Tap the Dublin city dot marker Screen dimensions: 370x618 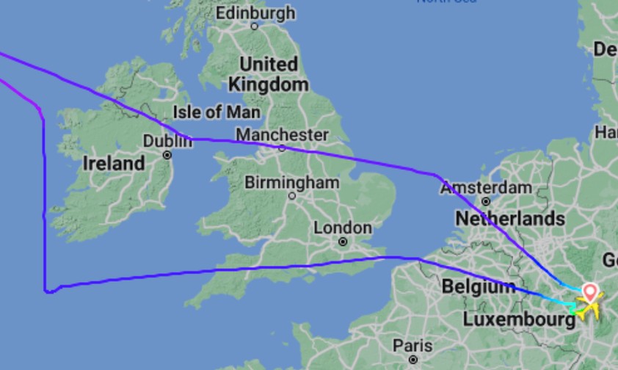pyautogui.click(x=168, y=155)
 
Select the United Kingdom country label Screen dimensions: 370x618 pyautogui.click(x=269, y=74)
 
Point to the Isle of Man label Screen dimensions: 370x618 pyautogui.click(x=217, y=112)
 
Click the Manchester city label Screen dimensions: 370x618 pyautogui.click(x=282, y=135)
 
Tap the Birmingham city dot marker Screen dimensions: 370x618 pyautogui.click(x=292, y=196)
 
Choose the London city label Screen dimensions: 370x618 pyautogui.click(x=343, y=228)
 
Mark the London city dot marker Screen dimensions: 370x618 pyautogui.click(x=343, y=242)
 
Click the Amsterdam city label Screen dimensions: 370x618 pyautogui.click(x=486, y=188)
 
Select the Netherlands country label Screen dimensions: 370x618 pyautogui.click(x=510, y=219)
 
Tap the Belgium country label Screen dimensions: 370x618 pyautogui.click(x=479, y=286)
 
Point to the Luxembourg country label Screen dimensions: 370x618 pyautogui.click(x=518, y=319)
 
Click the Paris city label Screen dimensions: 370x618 pyautogui.click(x=412, y=345)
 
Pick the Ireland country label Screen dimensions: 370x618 pyautogui.click(x=114, y=163)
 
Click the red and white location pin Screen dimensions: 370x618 pyautogui.click(x=589, y=293)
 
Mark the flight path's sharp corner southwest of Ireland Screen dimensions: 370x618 pyautogui.click(x=48, y=291)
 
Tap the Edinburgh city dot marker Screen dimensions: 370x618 pyautogui.click(x=255, y=26)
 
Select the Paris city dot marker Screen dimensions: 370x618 pyautogui.click(x=413, y=359)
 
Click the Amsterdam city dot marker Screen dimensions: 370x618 pyautogui.click(x=486, y=201)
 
